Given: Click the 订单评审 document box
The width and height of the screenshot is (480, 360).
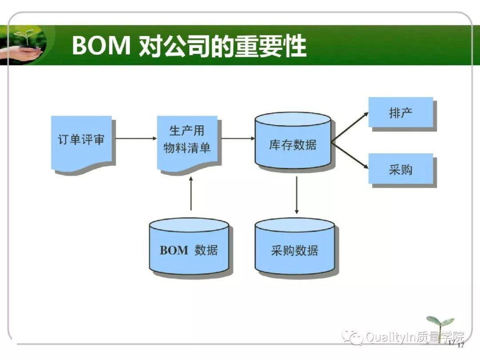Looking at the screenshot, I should (x=81, y=141).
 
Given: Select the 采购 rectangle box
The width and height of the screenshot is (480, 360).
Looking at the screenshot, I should (x=400, y=169).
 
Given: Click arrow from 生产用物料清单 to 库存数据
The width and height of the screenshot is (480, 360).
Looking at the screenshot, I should (x=238, y=138).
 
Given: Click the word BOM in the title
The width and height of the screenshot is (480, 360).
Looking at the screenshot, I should (x=100, y=46).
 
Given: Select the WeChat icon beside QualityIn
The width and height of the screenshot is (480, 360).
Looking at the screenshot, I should (x=355, y=338).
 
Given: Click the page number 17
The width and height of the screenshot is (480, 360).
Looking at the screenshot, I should (x=460, y=345).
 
